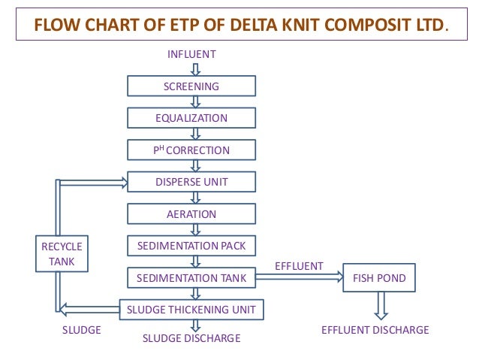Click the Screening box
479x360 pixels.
[x=191, y=86]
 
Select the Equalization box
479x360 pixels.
[x=191, y=118]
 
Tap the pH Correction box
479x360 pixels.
[x=191, y=150]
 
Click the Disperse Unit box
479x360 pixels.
[x=191, y=182]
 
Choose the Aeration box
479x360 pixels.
[x=191, y=214]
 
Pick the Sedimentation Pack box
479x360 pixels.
[x=191, y=246]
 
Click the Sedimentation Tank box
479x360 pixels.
[x=191, y=278]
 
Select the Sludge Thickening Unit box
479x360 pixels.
[x=191, y=309]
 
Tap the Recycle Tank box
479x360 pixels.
[x=62, y=254]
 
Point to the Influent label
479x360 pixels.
[x=191, y=54]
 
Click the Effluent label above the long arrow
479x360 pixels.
[x=299, y=266]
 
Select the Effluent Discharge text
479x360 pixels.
[x=375, y=330]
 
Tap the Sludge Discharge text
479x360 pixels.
[x=191, y=338]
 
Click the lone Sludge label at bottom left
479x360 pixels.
[x=81, y=330]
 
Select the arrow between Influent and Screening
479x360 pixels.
[x=195, y=68]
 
